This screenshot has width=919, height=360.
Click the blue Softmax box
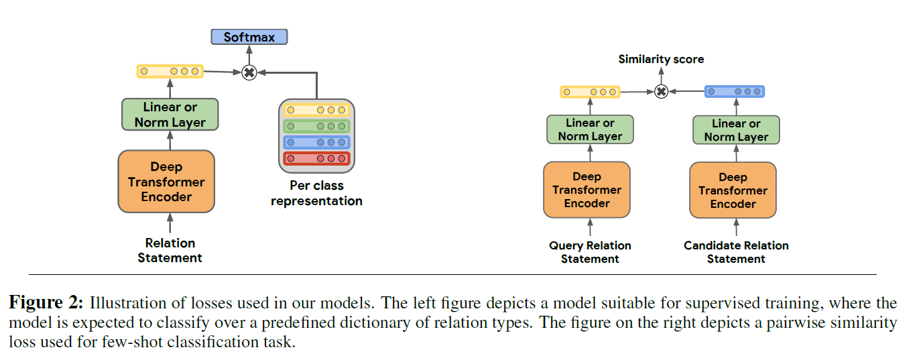coord(249,37)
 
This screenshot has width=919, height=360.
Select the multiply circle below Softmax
coord(249,72)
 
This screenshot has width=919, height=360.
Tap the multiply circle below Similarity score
coord(661,91)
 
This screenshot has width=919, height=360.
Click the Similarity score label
coord(661,59)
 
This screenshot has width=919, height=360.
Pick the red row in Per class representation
coord(316,158)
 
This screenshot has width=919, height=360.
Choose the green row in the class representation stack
coord(316,126)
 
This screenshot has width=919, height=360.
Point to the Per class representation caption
coord(316,192)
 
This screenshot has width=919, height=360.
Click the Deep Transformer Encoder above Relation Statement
coord(166,182)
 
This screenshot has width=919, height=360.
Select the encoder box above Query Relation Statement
coord(587,190)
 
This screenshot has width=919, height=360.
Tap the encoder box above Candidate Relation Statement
coord(733,190)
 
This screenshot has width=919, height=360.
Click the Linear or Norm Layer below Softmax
coord(170,115)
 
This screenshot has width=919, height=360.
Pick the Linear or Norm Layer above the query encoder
coord(590,129)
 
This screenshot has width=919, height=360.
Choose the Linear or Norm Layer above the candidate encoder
coord(736,130)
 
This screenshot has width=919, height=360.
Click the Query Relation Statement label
coord(590,252)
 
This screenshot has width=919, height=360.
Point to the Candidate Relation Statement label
coord(736,252)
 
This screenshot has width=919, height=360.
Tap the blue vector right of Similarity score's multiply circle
coord(735,91)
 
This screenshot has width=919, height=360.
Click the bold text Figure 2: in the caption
coord(46,303)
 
